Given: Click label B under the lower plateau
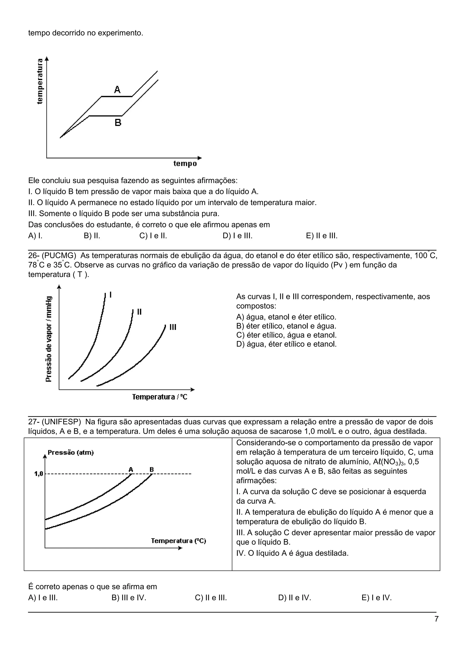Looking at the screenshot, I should [x=118, y=123].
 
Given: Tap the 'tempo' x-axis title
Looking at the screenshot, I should [x=185, y=164].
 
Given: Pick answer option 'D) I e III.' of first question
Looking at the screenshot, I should [x=238, y=236].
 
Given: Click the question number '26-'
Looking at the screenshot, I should [x=34, y=255].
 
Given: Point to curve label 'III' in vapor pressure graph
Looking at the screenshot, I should [x=173, y=327].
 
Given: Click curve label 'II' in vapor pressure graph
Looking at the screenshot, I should [x=140, y=312].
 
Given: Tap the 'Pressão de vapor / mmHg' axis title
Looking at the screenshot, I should [x=49, y=339].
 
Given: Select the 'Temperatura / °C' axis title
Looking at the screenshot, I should [x=160, y=397].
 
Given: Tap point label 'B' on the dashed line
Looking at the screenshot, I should [x=152, y=470].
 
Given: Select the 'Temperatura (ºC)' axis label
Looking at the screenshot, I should [x=179, y=541].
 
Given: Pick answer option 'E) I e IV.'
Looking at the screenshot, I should [x=376, y=598].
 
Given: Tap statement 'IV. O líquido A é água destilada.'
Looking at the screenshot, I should [x=292, y=553].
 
